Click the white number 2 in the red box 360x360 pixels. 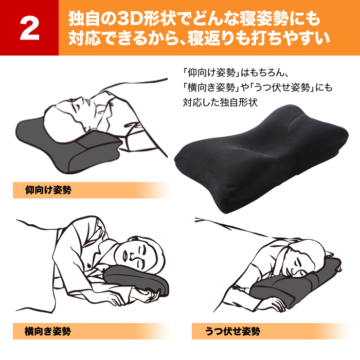click(30, 28)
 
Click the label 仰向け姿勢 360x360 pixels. click(48, 190)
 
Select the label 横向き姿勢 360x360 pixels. click(48, 331)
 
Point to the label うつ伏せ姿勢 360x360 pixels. click(232, 331)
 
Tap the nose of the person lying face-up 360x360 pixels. click(80, 99)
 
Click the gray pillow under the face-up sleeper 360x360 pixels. click(69, 147)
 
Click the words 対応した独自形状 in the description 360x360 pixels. click(220, 102)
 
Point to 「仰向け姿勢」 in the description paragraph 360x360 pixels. click(210, 73)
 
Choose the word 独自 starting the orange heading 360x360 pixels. click(84, 19)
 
